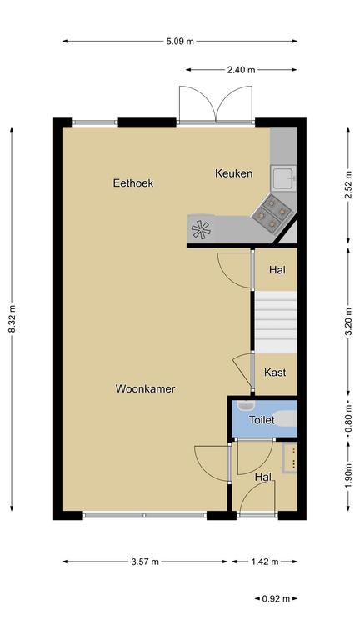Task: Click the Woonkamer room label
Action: pyautogui.click(x=145, y=388)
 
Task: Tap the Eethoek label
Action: pyautogui.click(x=133, y=182)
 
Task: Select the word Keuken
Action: pyautogui.click(x=234, y=173)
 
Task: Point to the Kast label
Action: pyautogui.click(x=275, y=372)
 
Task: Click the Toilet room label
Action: pyautogui.click(x=262, y=420)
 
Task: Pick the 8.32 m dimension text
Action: pyautogui.click(x=12, y=319)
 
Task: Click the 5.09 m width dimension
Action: pyautogui.click(x=180, y=41)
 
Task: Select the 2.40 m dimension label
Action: pyautogui.click(x=241, y=70)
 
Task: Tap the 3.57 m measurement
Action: pyautogui.click(x=145, y=562)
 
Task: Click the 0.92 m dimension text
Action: pyautogui.click(x=276, y=599)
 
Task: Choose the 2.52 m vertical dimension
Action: pyautogui.click(x=348, y=185)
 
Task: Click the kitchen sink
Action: pyautogui.click(x=283, y=178)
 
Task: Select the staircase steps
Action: pyautogui.click(x=276, y=322)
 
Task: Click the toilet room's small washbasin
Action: pyautogui.click(x=246, y=405)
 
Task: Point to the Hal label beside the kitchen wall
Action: pyautogui.click(x=277, y=270)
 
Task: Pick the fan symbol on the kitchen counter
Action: pyautogui.click(x=201, y=229)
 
